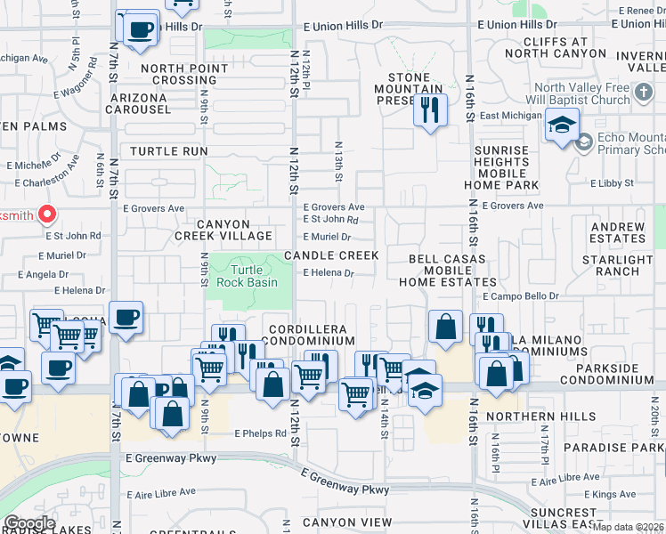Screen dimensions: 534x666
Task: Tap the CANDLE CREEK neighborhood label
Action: pyautogui.click(x=331, y=255)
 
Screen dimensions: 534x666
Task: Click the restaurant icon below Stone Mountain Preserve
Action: pyautogui.click(x=429, y=110)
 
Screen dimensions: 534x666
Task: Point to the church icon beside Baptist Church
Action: pyautogui.click(x=644, y=93)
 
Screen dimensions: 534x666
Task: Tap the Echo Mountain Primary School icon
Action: pyautogui.click(x=584, y=142)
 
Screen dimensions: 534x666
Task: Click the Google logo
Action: pyautogui.click(x=28, y=523)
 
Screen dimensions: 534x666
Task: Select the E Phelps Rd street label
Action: pyautogui.click(x=261, y=433)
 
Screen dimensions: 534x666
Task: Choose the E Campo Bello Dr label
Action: pyautogui.click(x=521, y=295)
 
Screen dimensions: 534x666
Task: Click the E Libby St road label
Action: pyautogui.click(x=612, y=183)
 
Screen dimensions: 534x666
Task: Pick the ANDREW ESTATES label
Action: pyautogui.click(x=617, y=233)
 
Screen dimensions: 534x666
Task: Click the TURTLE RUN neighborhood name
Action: pyautogui.click(x=169, y=151)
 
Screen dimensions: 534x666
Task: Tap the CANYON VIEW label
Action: pyautogui.click(x=346, y=522)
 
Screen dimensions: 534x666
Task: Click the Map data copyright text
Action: pyautogui.click(x=629, y=527)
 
